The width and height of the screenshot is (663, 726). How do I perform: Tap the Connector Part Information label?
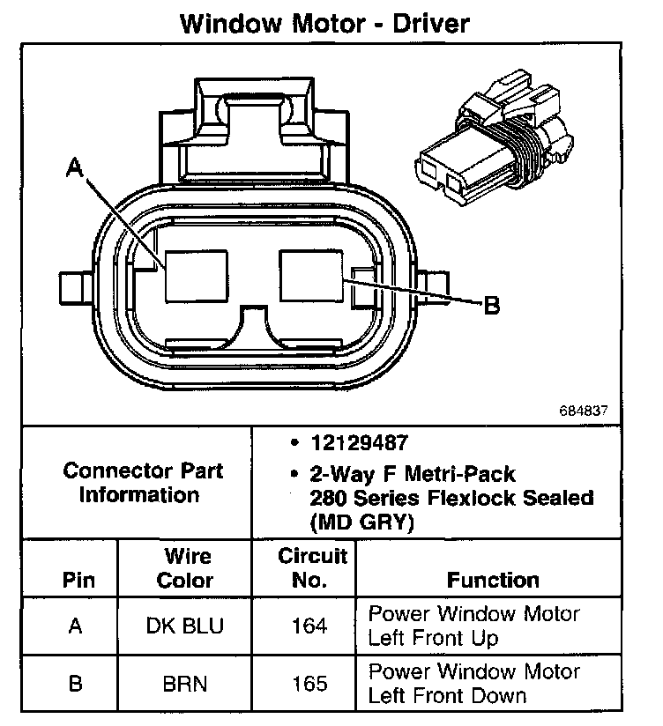[x=142, y=482]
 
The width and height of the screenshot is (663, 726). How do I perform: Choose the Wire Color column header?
[x=185, y=568]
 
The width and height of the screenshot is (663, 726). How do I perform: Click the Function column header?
[x=493, y=580]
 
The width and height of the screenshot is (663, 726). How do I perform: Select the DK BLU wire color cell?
[x=185, y=626]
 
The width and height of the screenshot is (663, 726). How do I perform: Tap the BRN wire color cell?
[x=185, y=684]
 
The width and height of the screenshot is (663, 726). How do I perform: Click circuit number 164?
[x=309, y=626]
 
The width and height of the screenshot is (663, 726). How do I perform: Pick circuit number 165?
[x=309, y=684]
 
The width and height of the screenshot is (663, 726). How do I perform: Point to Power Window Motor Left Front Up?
[x=473, y=626]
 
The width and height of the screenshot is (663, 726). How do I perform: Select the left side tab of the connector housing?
[x=73, y=288]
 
